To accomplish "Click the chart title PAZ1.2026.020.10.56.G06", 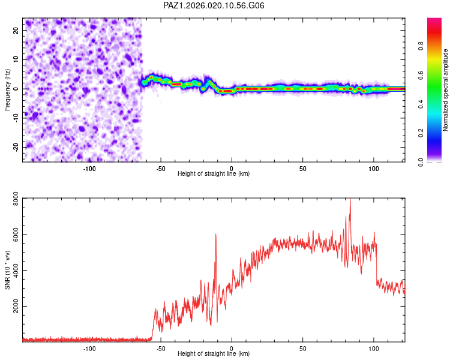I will pyautogui.click(x=214, y=5).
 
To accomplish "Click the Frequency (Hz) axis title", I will pyautogui.click(x=7, y=89).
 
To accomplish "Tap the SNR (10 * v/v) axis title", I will pyautogui.click(x=7, y=270).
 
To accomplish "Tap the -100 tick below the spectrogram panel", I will pyautogui.click(x=89, y=168).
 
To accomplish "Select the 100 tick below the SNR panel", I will pyautogui.click(x=374, y=348).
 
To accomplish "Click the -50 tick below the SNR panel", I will pyautogui.click(x=161, y=348).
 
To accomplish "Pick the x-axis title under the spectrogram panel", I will pyautogui.click(x=214, y=174).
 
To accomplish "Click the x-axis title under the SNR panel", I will pyautogui.click(x=214, y=354).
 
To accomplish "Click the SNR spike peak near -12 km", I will pyautogui.click(x=215, y=235).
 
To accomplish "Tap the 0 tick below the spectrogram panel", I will pyautogui.click(x=232, y=168).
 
